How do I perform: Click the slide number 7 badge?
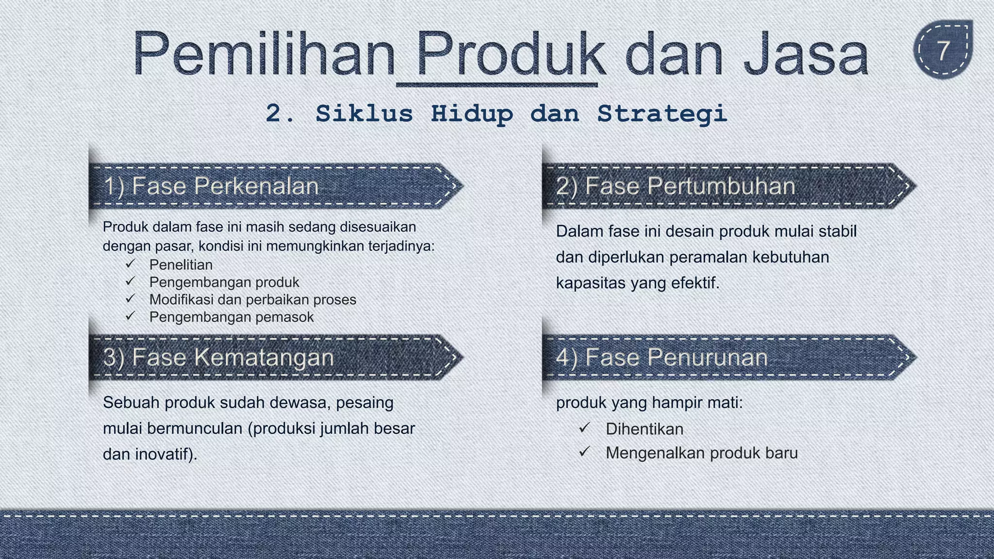point(943,50)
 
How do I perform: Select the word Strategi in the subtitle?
point(662,114)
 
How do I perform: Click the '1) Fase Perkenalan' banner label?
point(212,186)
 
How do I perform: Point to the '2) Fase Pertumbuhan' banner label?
point(676,186)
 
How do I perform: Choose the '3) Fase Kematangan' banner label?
point(219,358)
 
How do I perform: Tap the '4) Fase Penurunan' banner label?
point(662,358)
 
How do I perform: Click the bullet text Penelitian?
point(181,265)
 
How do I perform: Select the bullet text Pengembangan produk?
point(224,282)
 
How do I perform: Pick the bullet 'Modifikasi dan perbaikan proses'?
point(253,300)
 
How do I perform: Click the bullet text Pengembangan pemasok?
point(232,317)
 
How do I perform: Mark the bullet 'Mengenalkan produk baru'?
point(702,453)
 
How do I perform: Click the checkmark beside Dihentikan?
point(584,428)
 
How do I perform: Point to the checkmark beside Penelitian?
point(130,264)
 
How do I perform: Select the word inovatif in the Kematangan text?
point(166,455)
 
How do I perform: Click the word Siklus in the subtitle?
point(364,114)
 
